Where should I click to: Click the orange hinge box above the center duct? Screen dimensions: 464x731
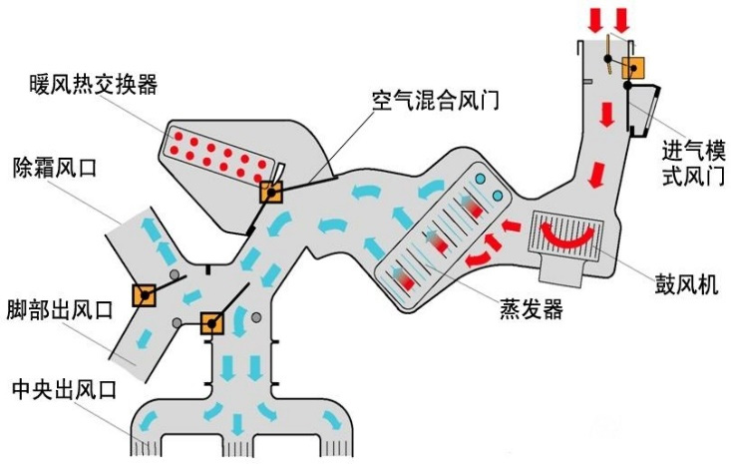(211, 323)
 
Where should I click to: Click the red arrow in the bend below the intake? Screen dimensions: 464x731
(596, 176)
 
